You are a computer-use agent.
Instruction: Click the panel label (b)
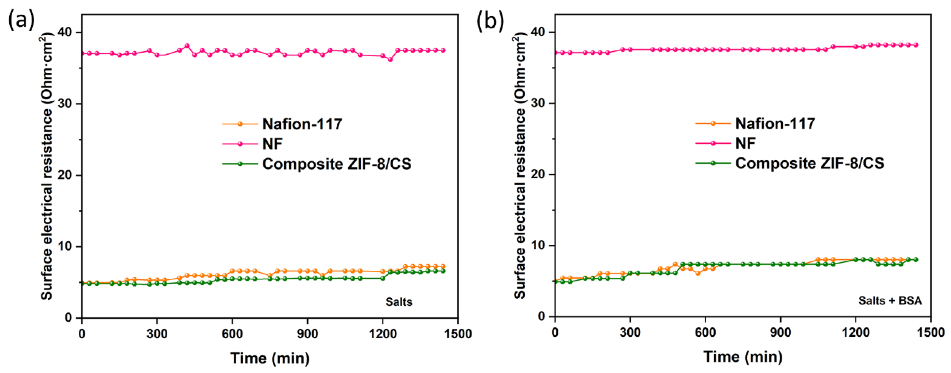click(x=490, y=20)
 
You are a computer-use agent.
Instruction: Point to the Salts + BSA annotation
click(x=890, y=301)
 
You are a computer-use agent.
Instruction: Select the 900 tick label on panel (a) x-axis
click(x=307, y=334)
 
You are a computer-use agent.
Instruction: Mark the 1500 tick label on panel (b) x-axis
click(x=931, y=333)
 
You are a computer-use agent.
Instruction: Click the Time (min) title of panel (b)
click(x=743, y=357)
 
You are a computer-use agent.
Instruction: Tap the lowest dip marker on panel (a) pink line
click(x=390, y=59)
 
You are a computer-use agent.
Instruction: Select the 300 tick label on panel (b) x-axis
click(x=630, y=333)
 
